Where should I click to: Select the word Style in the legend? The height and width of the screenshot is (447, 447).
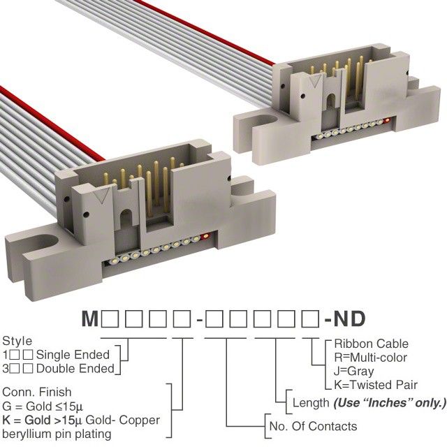pyautogui.click(x=17, y=342)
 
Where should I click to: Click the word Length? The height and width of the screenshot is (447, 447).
pyautogui.click(x=309, y=403)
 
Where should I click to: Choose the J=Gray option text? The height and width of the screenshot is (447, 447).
pyautogui.click(x=353, y=372)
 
